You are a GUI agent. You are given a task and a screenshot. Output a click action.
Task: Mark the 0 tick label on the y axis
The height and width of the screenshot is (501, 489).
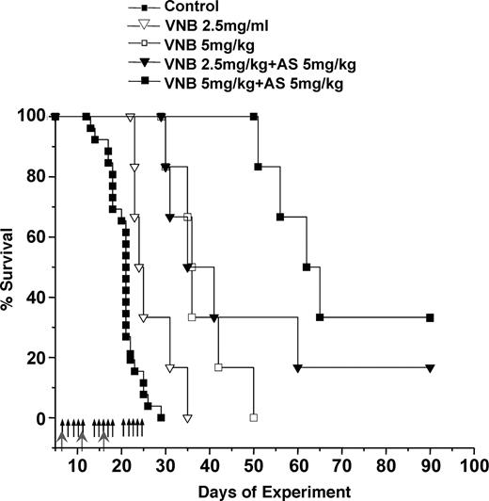coord(39,418)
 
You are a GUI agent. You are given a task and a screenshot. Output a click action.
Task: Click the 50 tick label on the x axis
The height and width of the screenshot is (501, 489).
coord(254,465)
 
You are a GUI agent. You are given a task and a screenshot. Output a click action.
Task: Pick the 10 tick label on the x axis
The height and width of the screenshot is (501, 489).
coord(78,465)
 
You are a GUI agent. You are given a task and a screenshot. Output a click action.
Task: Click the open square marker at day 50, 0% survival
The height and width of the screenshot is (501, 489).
coord(254,417)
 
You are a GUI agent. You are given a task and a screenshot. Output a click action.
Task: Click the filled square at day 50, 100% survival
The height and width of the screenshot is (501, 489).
coord(254,117)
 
